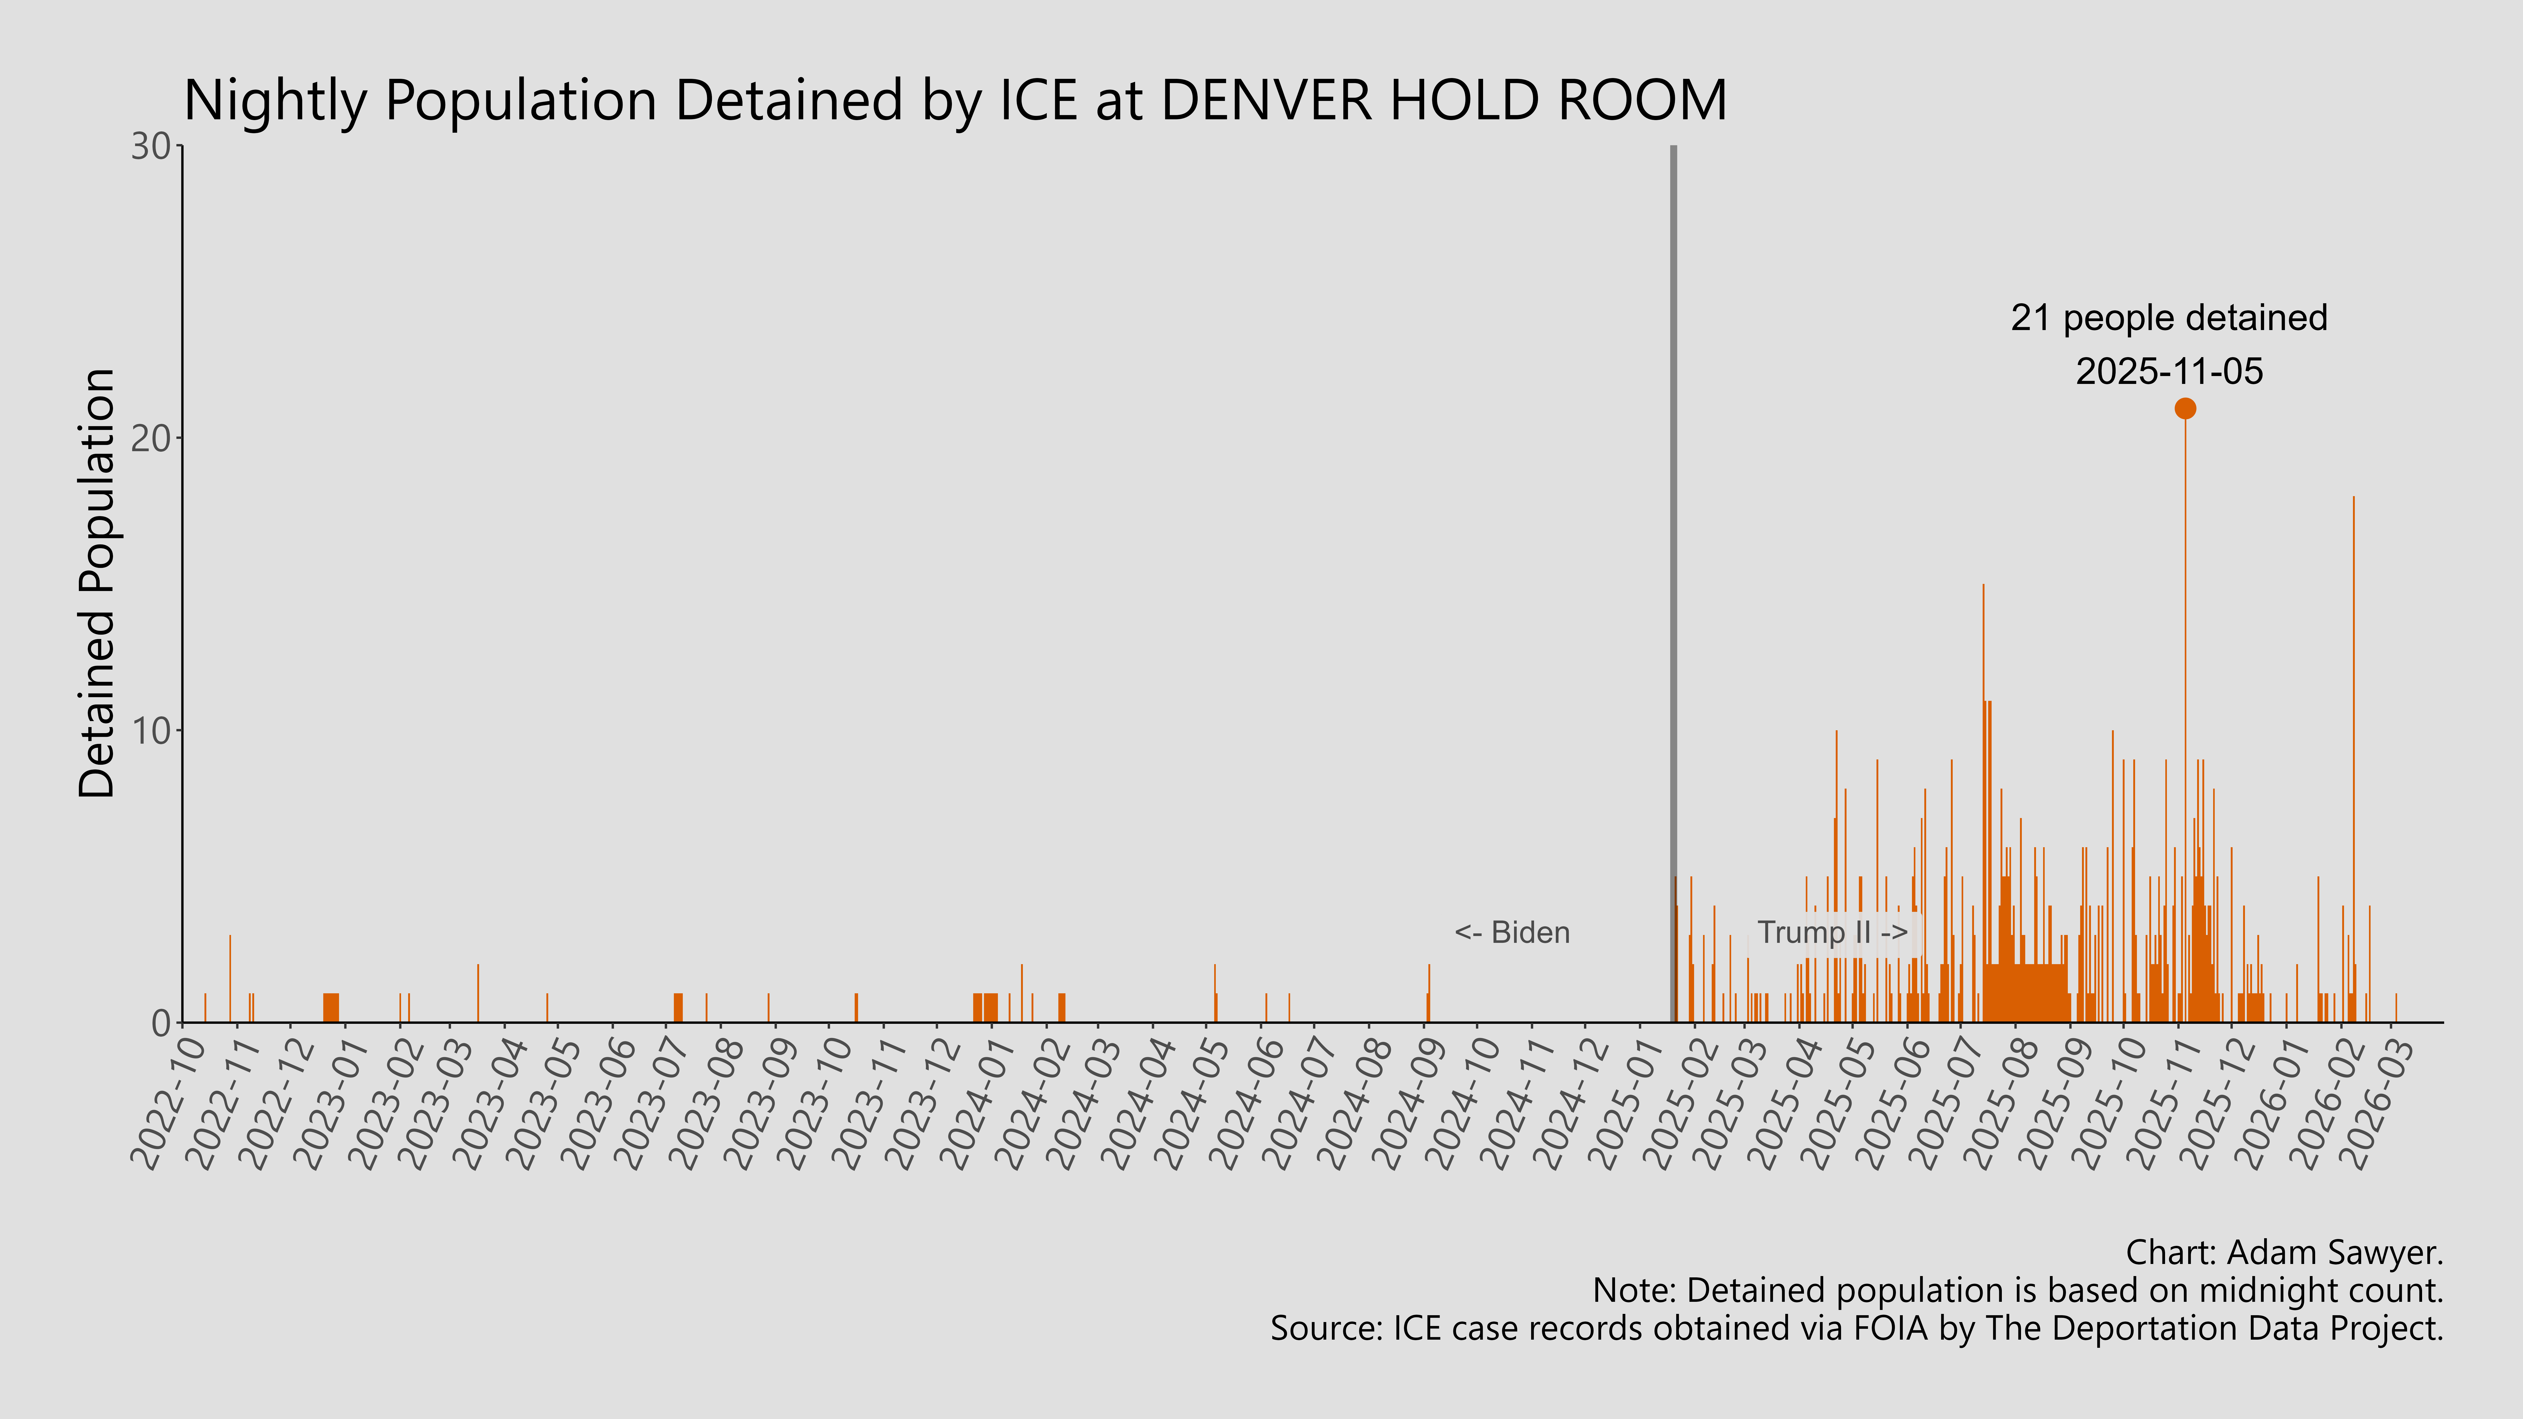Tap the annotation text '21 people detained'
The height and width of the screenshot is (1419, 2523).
tap(2168, 318)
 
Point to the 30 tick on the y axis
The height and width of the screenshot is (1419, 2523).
tap(152, 147)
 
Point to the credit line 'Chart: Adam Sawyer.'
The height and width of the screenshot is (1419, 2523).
tap(2283, 1252)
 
